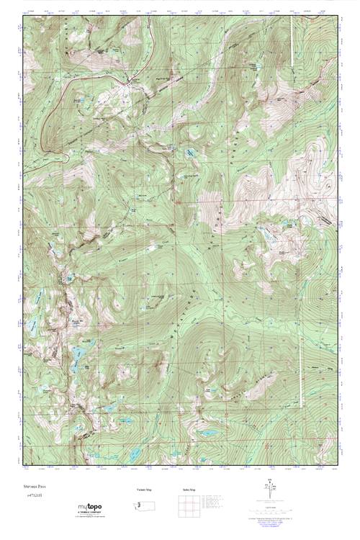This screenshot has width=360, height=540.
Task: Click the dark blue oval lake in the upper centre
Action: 190,153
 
